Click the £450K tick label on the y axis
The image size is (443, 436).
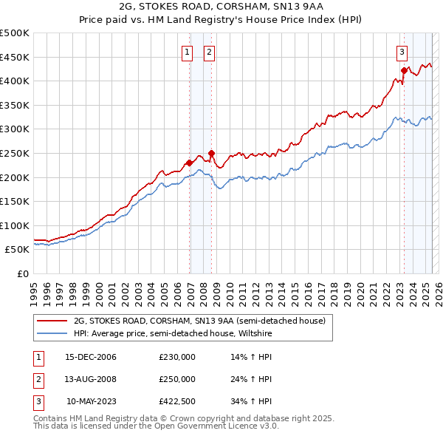pyautogui.click(x=15, y=57)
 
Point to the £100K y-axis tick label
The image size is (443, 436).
pyautogui.click(x=15, y=225)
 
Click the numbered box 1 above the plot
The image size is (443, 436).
pyautogui.click(x=188, y=52)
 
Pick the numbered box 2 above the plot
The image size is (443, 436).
pyautogui.click(x=210, y=52)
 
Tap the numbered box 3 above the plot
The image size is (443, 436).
pyautogui.click(x=402, y=52)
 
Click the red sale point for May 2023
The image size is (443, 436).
pyautogui.click(x=404, y=70)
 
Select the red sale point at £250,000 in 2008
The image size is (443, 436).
pyautogui.click(x=211, y=153)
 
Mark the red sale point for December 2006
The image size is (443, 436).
pyautogui.click(x=190, y=163)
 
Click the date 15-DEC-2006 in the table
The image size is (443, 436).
pyautogui.click(x=91, y=357)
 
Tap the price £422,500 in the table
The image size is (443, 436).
pyautogui.click(x=177, y=401)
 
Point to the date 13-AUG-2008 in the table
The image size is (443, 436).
pyautogui.click(x=91, y=379)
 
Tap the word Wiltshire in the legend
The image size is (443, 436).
pyautogui.click(x=253, y=333)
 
